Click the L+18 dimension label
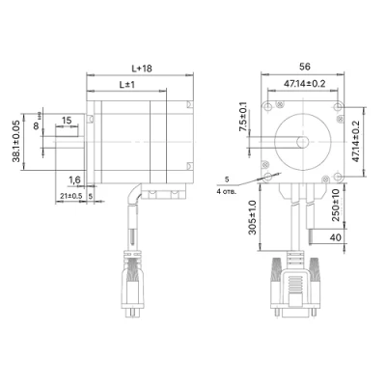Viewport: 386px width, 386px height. pos(142,69)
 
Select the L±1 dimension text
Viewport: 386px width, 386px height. pos(127,85)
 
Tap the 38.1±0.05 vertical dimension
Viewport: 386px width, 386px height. pos(16,141)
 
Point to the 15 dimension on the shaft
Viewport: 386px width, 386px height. pos(67,121)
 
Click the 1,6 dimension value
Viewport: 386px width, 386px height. pos(74,180)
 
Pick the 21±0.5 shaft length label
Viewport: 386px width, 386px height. pos(71,196)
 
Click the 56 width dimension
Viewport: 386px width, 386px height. pos(305,67)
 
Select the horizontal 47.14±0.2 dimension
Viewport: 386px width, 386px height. pos(304,84)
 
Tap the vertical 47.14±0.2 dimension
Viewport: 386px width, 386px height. pos(355,142)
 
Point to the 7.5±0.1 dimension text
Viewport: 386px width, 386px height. pos(243,117)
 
